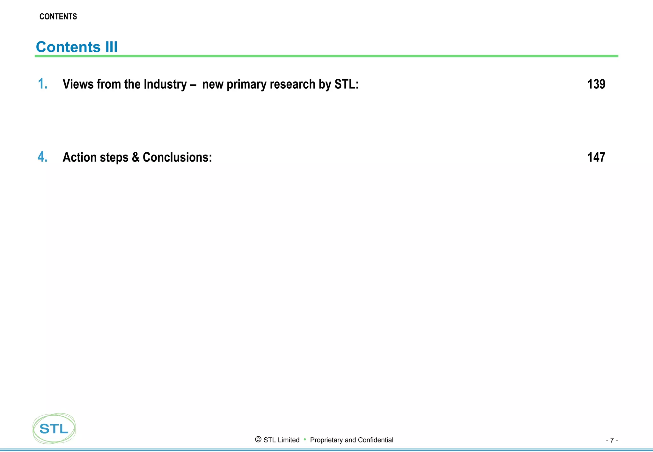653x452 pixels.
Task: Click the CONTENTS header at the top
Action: point(58,17)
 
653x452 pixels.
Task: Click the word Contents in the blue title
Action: point(68,47)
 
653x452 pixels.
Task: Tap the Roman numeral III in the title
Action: point(111,47)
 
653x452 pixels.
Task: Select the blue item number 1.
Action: point(42,84)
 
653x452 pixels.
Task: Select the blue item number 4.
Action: point(42,157)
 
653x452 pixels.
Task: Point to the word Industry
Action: point(165,84)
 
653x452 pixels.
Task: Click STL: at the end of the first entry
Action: point(346,84)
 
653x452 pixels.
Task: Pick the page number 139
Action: point(596,84)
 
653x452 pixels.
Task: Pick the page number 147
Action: point(596,157)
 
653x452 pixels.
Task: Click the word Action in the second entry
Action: point(80,157)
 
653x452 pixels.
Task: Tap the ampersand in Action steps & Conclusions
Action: point(136,157)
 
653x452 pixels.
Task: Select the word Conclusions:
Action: point(177,157)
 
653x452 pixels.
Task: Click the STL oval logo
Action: point(54,428)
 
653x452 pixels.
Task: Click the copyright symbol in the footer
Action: point(258,440)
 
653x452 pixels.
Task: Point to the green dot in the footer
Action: point(305,439)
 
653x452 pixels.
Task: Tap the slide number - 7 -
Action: point(612,440)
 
